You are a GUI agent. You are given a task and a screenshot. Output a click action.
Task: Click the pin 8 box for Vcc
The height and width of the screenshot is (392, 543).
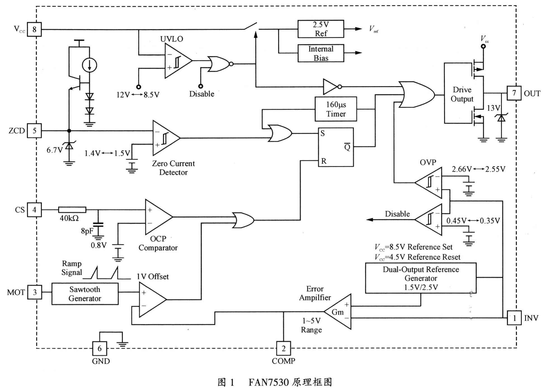pyautogui.click(x=34, y=29)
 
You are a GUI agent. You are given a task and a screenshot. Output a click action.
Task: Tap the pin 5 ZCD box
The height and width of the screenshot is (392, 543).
pyautogui.click(x=34, y=131)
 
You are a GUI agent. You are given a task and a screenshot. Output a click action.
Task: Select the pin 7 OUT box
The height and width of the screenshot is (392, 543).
pyautogui.click(x=514, y=93)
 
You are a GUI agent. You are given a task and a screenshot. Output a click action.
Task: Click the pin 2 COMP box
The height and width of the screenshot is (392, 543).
pyautogui.click(x=283, y=348)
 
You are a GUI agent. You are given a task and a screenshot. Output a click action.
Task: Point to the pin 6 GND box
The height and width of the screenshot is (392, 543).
pyautogui.click(x=100, y=348)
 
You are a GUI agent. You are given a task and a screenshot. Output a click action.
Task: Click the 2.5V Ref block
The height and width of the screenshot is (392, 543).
pyautogui.click(x=321, y=29)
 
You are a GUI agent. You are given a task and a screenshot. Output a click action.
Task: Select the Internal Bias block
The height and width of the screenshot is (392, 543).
pyautogui.click(x=321, y=53)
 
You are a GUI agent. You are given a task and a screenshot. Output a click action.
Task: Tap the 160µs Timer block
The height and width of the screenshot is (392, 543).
pyautogui.click(x=336, y=109)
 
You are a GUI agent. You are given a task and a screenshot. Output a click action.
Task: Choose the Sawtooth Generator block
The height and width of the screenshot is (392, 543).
pyautogui.click(x=85, y=294)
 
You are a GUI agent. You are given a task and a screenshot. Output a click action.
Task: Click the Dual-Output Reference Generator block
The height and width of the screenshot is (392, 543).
pyautogui.click(x=420, y=278)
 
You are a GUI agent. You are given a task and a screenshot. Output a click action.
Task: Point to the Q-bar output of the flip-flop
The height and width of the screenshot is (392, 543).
pyautogui.click(x=347, y=147)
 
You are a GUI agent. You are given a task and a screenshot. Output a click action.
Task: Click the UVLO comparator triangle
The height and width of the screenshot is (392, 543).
pyautogui.click(x=176, y=61)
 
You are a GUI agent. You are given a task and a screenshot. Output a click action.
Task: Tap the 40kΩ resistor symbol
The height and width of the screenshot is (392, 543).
pyautogui.click(x=72, y=210)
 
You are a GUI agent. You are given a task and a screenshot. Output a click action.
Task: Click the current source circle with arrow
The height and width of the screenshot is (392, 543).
pyautogui.click(x=90, y=65)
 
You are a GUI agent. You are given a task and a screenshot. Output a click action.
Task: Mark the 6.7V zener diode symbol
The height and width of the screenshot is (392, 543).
pyautogui.click(x=69, y=145)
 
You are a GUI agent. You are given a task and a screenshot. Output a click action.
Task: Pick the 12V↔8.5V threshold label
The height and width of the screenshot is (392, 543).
pyautogui.click(x=138, y=95)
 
